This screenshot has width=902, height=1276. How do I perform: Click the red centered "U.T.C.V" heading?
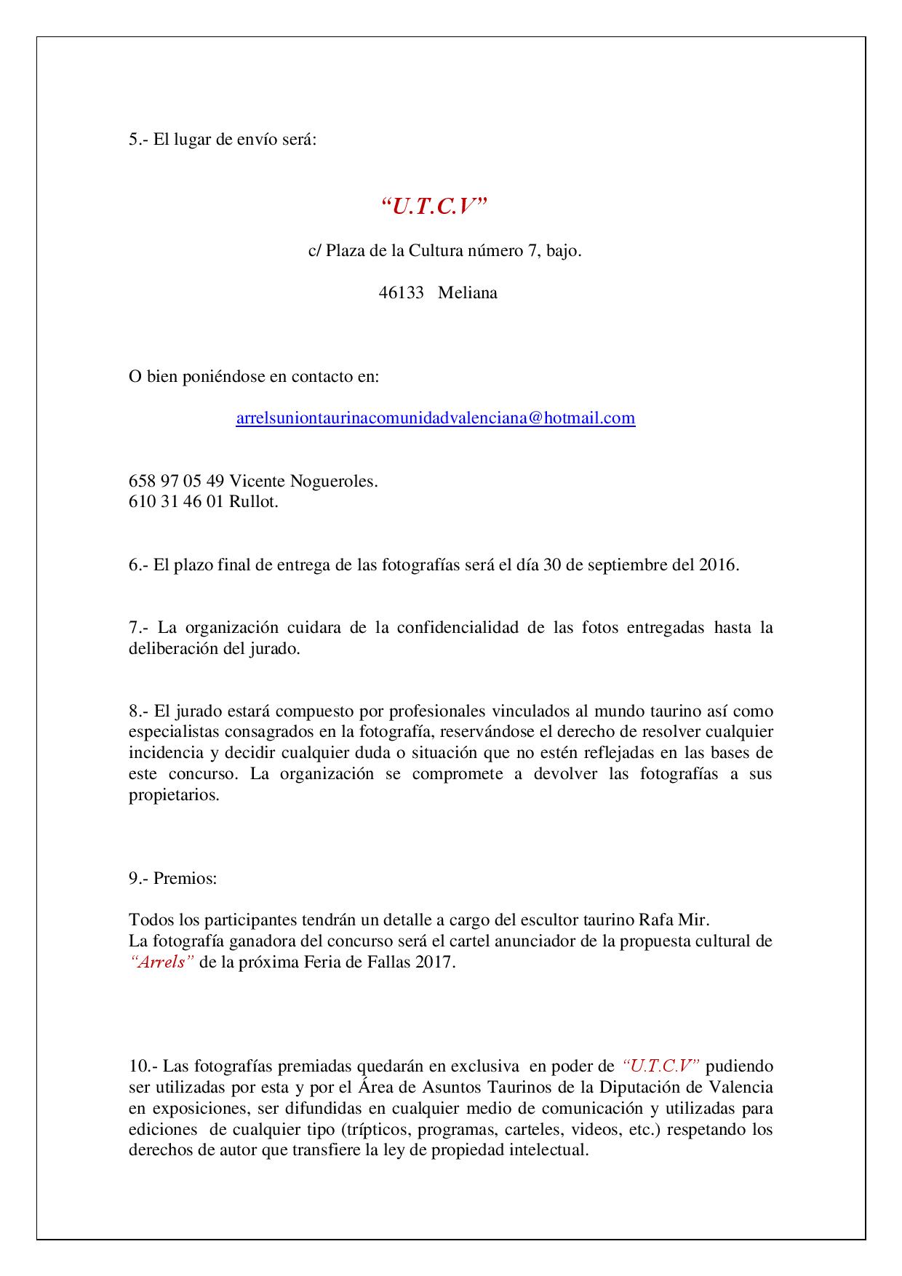click(434, 208)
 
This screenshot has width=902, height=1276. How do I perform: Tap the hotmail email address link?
click(436, 418)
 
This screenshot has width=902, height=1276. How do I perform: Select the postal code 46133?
click(401, 293)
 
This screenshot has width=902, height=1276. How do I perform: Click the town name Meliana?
click(468, 293)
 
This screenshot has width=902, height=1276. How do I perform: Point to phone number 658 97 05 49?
click(176, 481)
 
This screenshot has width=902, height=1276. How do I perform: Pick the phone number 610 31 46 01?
click(176, 502)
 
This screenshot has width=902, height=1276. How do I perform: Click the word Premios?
click(185, 878)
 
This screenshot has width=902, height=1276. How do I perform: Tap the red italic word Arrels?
click(161, 962)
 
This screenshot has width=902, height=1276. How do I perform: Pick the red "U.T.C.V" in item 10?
click(661, 1066)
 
